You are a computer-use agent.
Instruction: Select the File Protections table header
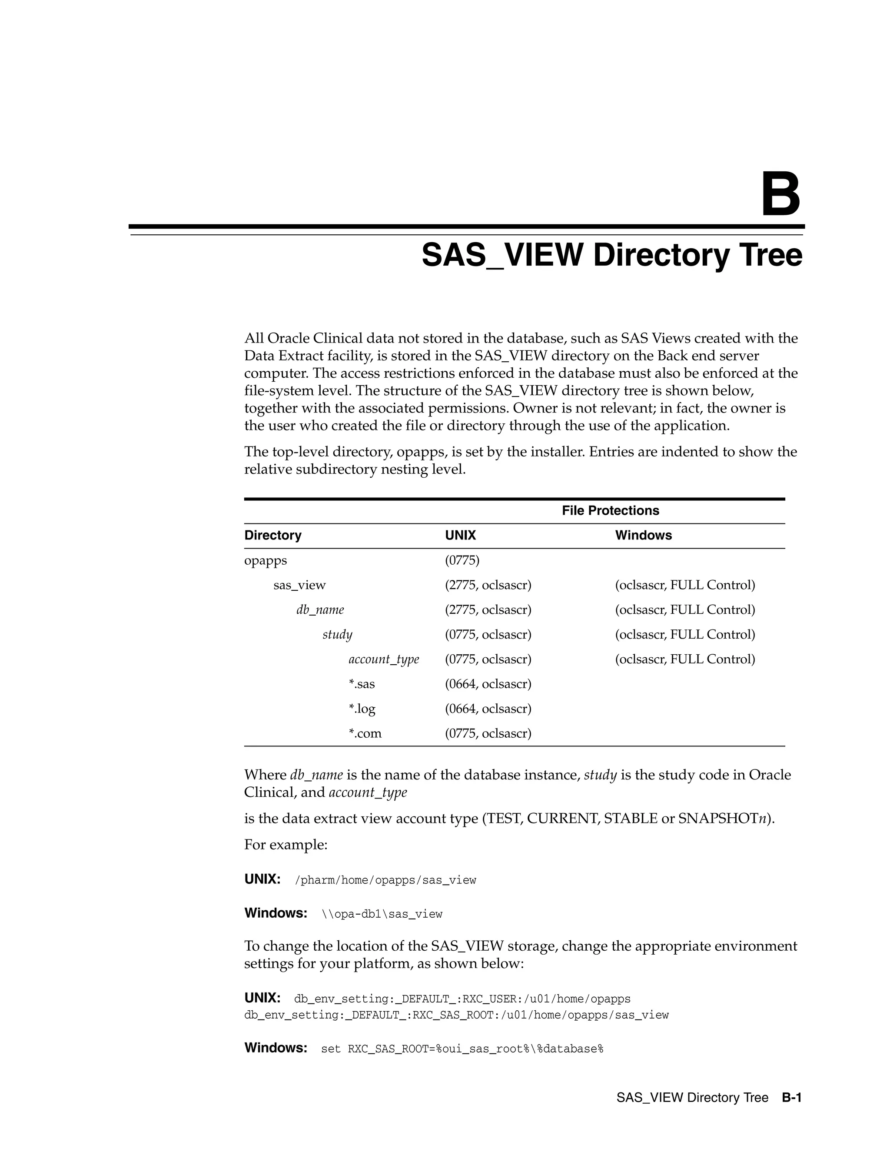tap(610, 511)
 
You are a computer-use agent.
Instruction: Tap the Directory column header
tap(272, 536)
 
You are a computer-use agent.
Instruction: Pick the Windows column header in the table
tap(643, 536)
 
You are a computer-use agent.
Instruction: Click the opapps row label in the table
tap(265, 560)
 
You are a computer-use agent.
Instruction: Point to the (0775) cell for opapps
tap(462, 560)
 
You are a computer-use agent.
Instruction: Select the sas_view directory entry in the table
tap(299, 585)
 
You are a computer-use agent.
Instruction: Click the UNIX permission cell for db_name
tap(488, 610)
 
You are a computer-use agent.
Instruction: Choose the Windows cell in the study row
tap(685, 635)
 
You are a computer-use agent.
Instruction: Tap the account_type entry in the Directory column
tap(383, 659)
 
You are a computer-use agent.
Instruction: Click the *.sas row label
tap(361, 684)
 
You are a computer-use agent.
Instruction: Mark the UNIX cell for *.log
tap(488, 709)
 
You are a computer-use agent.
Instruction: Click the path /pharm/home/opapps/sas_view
tap(385, 880)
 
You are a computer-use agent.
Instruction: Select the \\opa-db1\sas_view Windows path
tap(382, 914)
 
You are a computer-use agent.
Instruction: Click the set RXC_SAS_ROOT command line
tap(462, 1049)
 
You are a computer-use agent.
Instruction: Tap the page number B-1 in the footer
tap(791, 1098)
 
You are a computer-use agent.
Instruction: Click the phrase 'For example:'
tap(286, 845)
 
